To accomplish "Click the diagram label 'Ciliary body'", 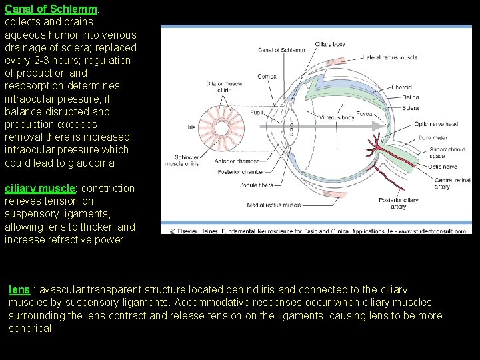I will (x=330, y=44).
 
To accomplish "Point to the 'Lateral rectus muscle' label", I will (x=391, y=57).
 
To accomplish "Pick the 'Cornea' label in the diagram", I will (x=267, y=77).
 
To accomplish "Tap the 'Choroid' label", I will (x=401, y=87).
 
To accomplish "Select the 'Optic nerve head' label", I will (x=436, y=124).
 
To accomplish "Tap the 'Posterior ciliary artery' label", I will (x=398, y=203).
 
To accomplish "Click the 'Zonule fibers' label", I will (x=257, y=185).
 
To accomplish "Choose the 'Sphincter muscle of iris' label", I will (x=187, y=160).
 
